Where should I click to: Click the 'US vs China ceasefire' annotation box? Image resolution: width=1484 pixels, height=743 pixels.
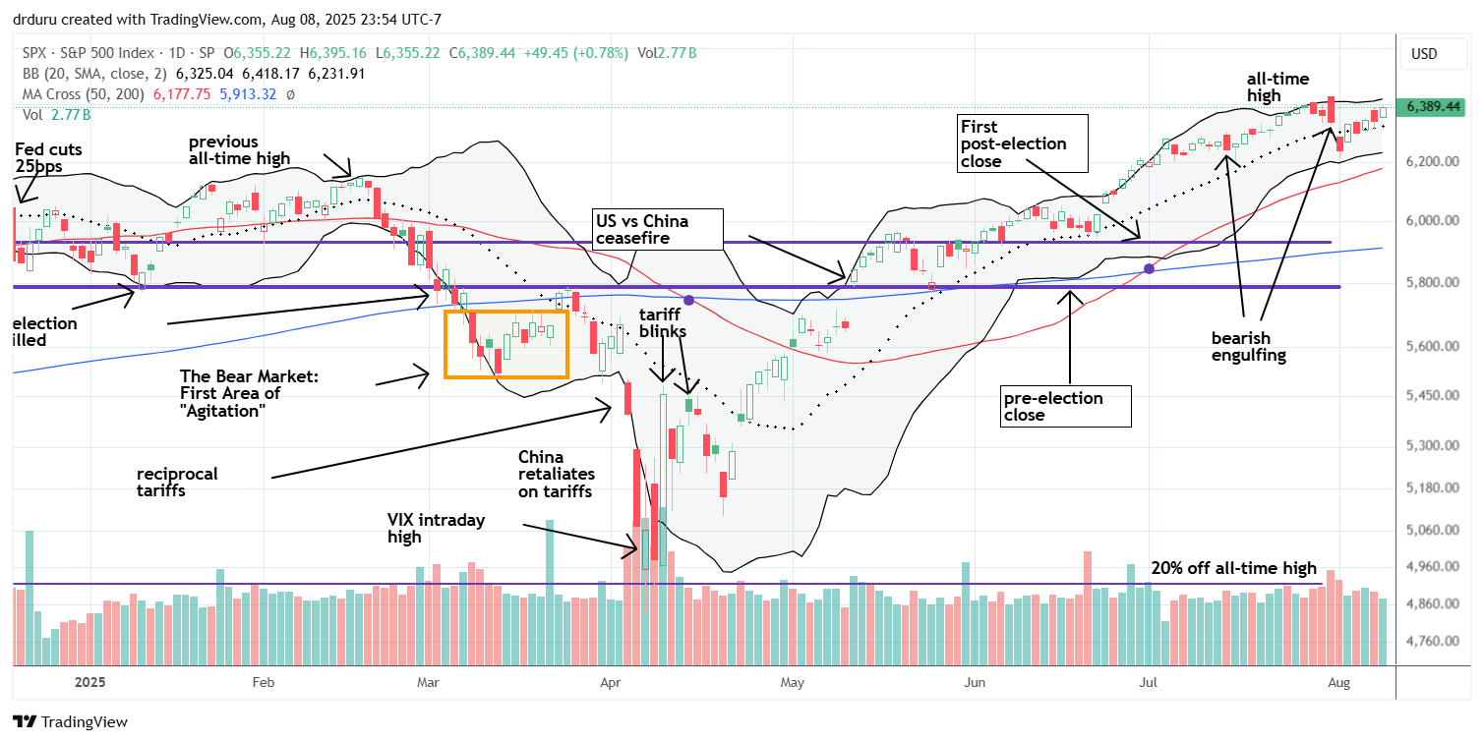(x=656, y=229)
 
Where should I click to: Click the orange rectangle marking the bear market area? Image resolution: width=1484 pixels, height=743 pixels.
(x=506, y=344)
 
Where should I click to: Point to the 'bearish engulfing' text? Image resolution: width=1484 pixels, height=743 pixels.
(x=1248, y=346)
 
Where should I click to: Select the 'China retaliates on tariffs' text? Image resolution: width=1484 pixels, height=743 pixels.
(x=557, y=474)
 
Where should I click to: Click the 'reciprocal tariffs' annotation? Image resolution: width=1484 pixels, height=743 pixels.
(x=178, y=482)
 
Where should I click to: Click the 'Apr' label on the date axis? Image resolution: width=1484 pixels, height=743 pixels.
(x=611, y=680)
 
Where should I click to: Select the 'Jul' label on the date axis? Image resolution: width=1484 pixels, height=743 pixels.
(x=1147, y=680)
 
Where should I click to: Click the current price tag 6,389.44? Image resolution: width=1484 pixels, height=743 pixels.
(x=1435, y=106)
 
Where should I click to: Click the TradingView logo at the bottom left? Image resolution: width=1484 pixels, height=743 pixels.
(x=71, y=721)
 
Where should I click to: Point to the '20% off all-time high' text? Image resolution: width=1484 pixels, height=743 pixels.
(x=1234, y=568)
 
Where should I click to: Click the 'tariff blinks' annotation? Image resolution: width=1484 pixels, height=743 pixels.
(x=662, y=322)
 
